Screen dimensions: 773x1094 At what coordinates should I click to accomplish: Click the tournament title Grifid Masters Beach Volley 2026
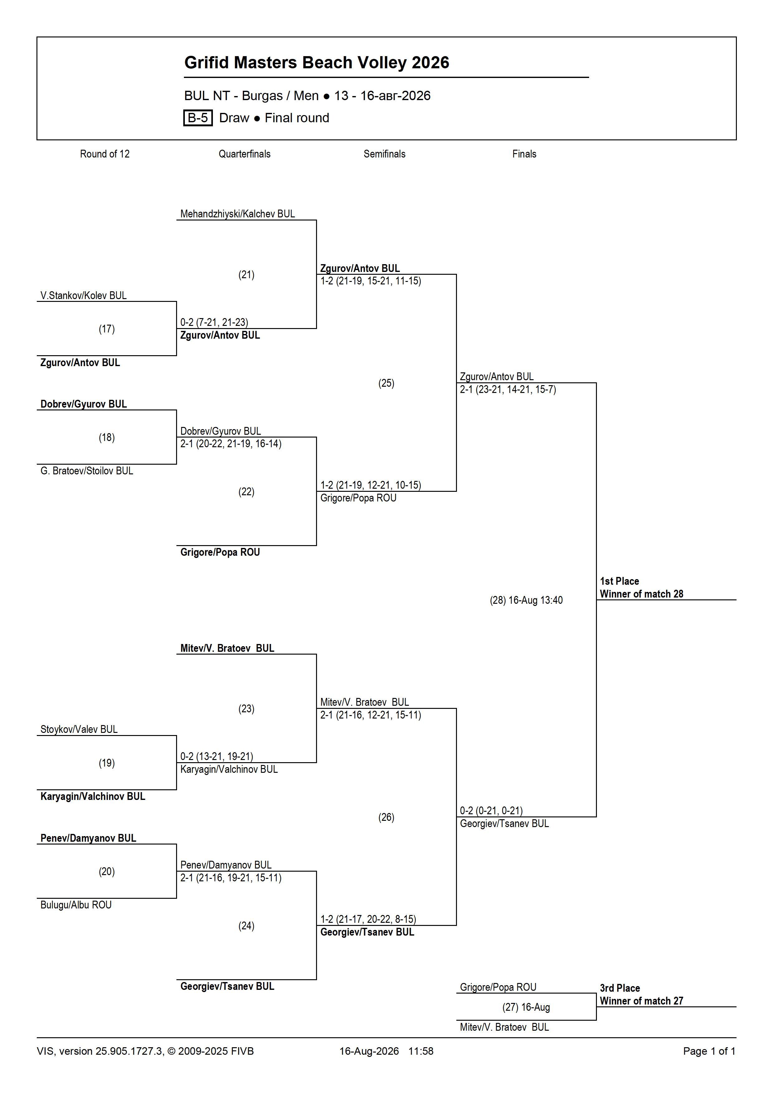(317, 62)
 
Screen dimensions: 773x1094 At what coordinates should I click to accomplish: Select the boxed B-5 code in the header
(198, 118)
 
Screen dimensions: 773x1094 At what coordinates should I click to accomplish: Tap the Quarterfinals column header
(244, 154)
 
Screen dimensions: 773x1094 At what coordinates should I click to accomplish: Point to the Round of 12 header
(105, 154)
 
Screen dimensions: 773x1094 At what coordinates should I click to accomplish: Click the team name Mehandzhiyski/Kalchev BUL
(238, 214)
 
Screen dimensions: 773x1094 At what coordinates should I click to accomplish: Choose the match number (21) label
(246, 275)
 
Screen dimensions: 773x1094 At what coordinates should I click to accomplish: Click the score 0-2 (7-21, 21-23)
(214, 322)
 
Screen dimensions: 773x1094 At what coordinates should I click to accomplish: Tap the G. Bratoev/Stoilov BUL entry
(87, 471)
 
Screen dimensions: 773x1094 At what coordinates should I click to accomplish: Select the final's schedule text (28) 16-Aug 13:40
(526, 600)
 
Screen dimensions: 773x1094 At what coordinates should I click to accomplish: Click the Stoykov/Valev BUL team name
(79, 729)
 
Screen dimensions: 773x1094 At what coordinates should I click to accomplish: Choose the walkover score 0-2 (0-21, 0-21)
(492, 811)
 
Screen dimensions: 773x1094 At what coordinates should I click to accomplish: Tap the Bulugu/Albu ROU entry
(76, 905)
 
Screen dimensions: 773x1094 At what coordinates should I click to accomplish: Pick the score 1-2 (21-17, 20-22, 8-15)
(368, 919)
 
